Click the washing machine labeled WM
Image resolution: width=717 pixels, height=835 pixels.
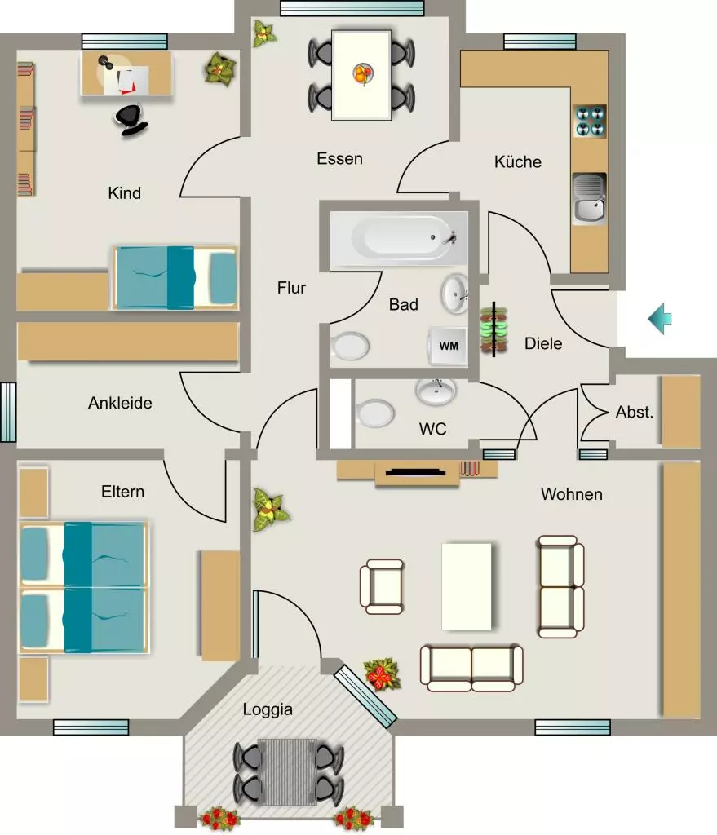[448, 346]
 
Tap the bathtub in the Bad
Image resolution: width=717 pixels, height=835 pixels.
[399, 239]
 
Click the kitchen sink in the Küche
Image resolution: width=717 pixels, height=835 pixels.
[589, 198]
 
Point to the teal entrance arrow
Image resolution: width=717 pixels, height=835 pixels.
[660, 319]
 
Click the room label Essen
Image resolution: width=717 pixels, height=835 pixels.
[339, 159]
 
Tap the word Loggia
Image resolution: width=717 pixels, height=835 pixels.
[268, 709]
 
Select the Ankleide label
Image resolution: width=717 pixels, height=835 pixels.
[120, 403]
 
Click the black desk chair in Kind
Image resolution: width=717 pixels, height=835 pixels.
[130, 119]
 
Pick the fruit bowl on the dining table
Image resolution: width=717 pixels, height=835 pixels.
[363, 73]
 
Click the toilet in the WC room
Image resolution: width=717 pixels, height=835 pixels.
[374, 413]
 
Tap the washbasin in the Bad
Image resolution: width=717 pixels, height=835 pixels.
[455, 294]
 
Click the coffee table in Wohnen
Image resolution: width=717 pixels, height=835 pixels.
[467, 586]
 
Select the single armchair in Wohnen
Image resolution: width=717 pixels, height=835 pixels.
[382, 586]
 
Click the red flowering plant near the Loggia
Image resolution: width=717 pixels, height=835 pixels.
[382, 674]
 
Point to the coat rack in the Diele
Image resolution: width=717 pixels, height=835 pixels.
[493, 329]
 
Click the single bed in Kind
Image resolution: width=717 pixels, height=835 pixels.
[175, 277]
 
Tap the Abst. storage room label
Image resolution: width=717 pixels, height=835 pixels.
[635, 412]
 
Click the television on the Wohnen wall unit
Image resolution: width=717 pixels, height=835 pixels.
[415, 472]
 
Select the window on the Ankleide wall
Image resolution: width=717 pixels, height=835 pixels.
[8, 412]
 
